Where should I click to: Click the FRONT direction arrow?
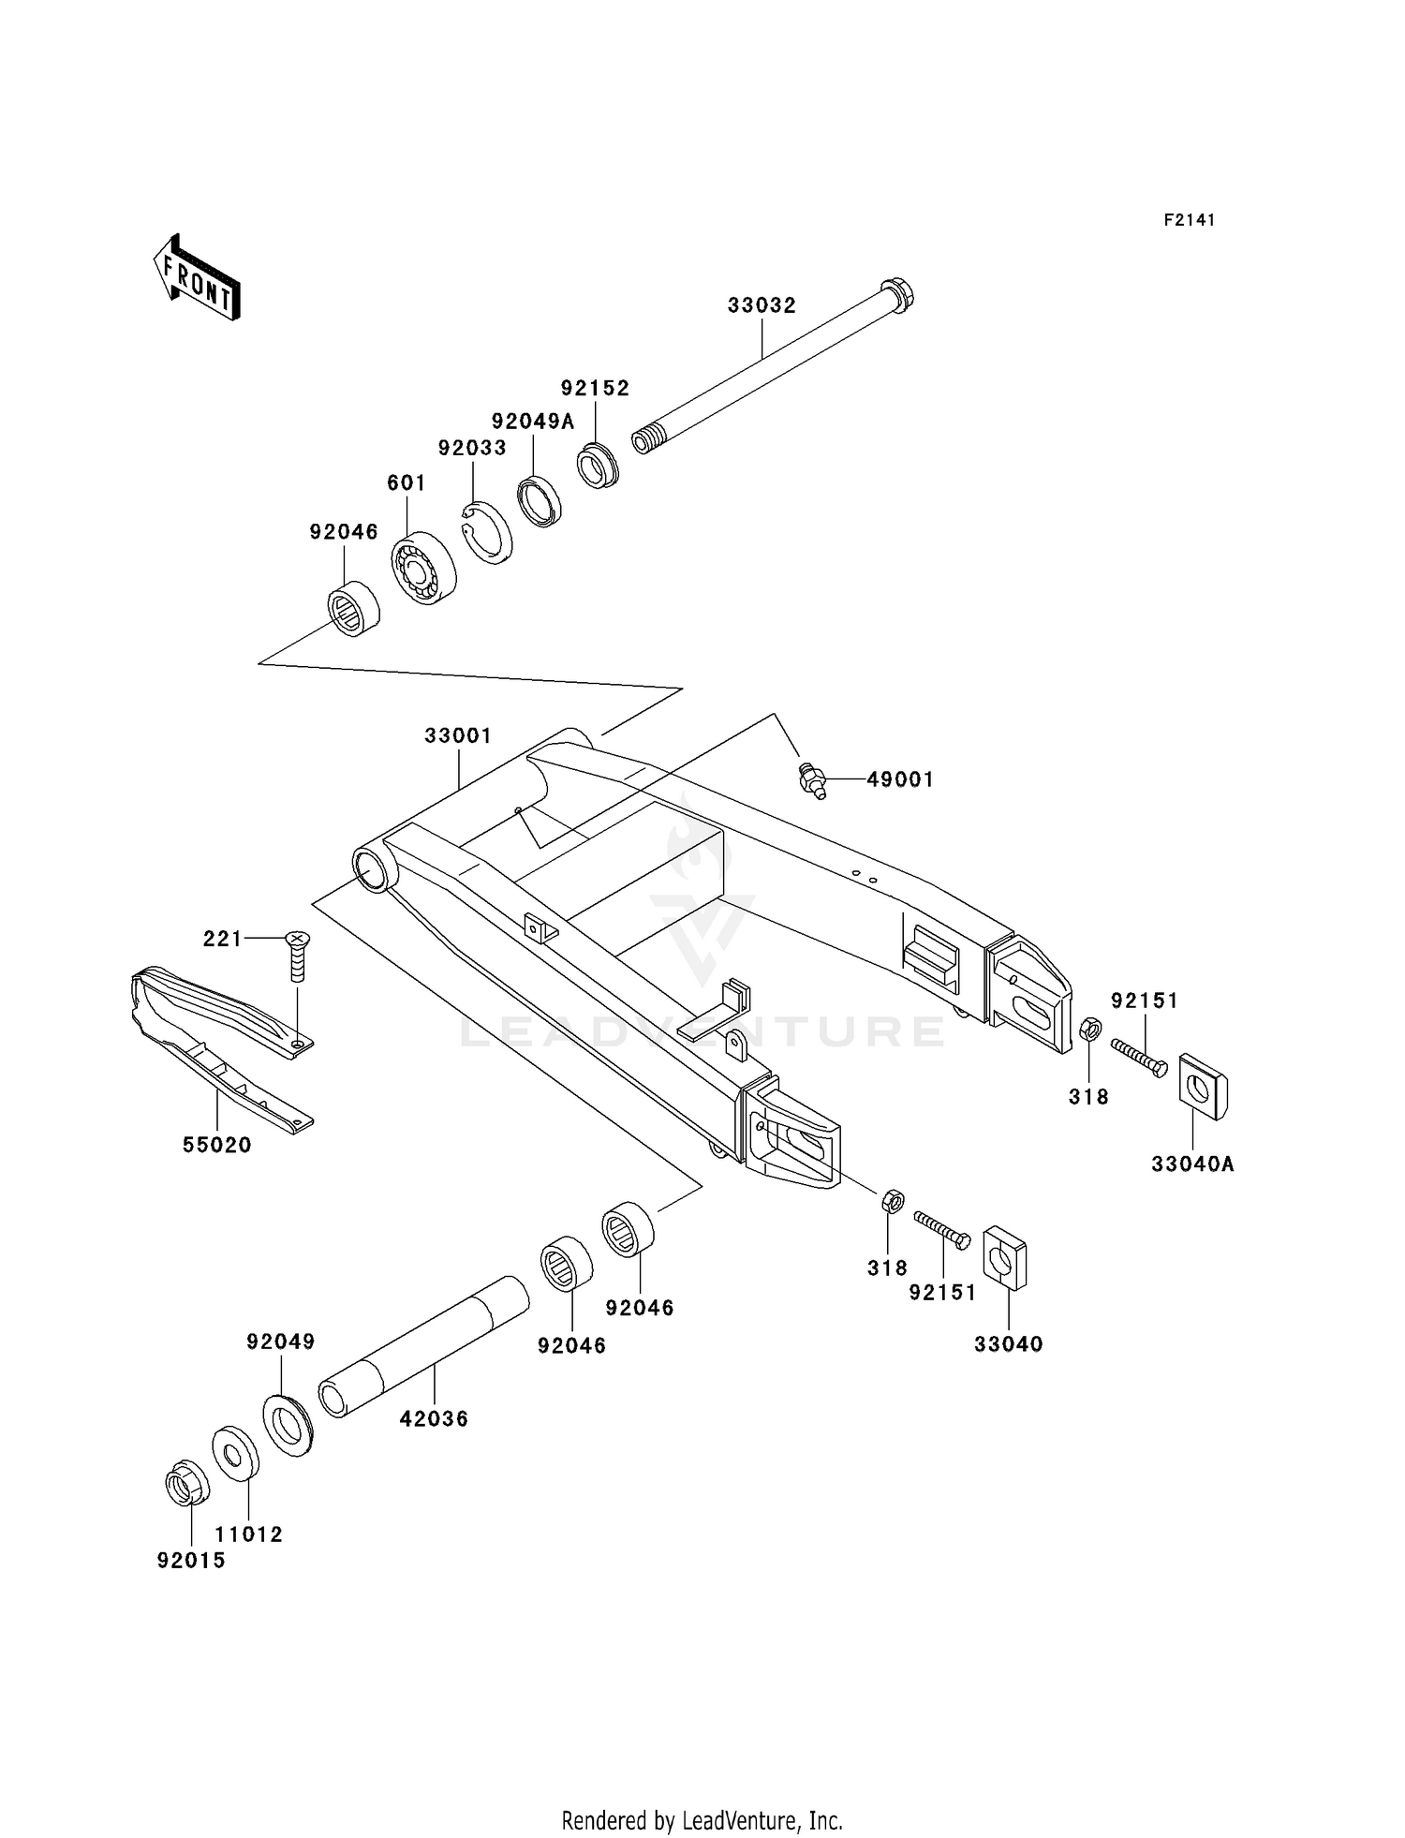[198, 278]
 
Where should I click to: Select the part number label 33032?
[762, 305]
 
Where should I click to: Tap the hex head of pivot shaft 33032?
[898, 295]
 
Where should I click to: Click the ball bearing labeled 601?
[422, 569]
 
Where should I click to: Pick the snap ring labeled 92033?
[488, 534]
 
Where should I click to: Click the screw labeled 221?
[298, 956]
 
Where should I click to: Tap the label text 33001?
[458, 735]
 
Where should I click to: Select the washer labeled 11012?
[236, 1454]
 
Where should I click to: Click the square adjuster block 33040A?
[1202, 1087]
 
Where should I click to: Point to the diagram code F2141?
[1190, 220]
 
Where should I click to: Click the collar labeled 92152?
[598, 466]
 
